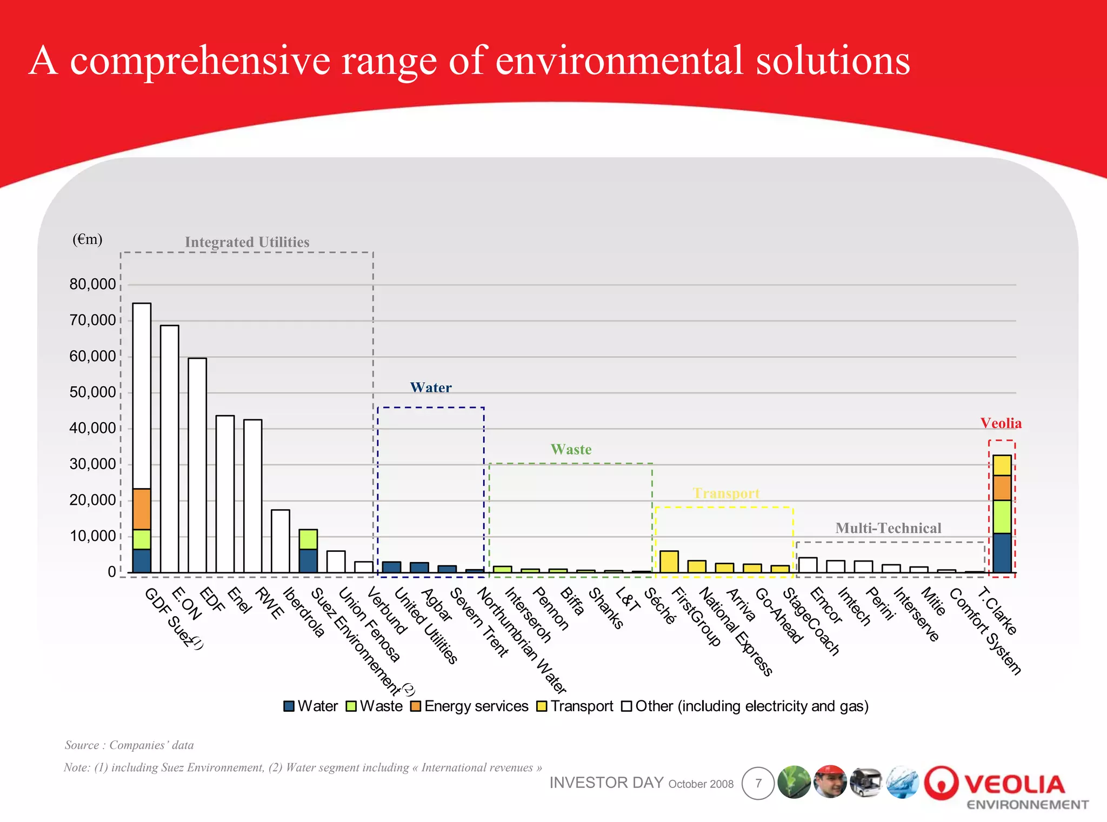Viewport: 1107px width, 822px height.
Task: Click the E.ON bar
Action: [x=169, y=449]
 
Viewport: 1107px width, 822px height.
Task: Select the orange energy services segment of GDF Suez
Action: [x=142, y=509]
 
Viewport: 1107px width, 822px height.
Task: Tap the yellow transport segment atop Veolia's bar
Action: [x=1002, y=465]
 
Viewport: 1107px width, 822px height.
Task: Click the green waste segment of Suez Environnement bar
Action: [x=308, y=539]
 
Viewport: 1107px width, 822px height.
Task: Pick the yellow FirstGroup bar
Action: [x=669, y=562]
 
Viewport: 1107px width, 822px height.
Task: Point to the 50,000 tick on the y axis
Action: [x=92, y=392]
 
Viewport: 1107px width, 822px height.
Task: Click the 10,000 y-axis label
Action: [x=92, y=536]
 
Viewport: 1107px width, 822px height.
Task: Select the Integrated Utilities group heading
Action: [x=247, y=242]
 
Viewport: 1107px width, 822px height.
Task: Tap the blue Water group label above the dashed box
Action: [x=430, y=387]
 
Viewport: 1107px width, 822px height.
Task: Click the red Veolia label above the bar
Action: [x=1001, y=423]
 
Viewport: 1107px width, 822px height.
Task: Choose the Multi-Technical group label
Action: [x=888, y=528]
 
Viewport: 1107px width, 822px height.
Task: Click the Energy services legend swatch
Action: [x=415, y=706]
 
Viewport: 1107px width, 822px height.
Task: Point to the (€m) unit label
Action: [x=87, y=239]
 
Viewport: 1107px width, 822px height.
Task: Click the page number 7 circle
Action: [x=758, y=783]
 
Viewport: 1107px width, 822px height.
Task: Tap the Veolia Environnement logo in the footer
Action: [x=1007, y=788]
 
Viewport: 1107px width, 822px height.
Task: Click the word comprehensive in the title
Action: [x=200, y=61]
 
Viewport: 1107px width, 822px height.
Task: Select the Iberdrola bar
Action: [x=280, y=540]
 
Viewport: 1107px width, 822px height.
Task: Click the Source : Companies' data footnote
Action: [x=129, y=745]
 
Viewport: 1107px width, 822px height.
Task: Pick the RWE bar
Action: [x=252, y=496]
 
